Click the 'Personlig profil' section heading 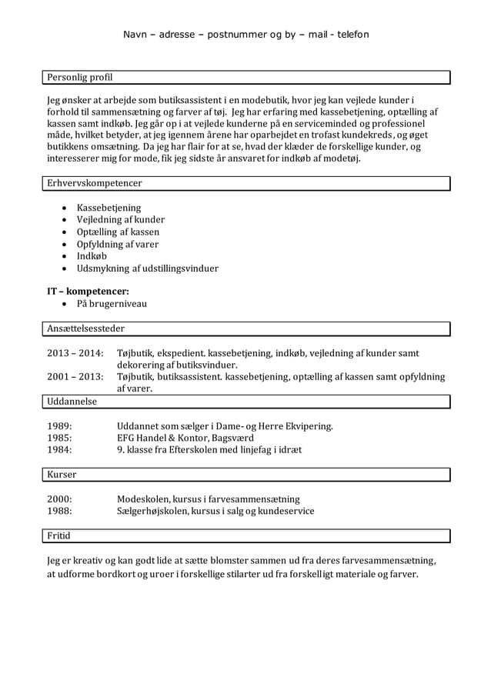pos(79,78)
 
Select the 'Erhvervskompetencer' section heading pos(94,183)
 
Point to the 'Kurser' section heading pos(62,475)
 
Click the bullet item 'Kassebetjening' pos(108,208)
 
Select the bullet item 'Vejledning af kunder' pos(120,220)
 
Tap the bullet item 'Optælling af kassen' pos(118,232)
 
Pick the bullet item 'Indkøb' pos(92,256)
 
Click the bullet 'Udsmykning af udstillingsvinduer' pos(147,269)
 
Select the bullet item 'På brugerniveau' pos(112,304)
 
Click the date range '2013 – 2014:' pos(75,352)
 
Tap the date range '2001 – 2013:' pos(75,377)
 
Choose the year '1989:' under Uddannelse pos(60,425)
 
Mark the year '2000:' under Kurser pos(60,499)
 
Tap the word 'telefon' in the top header pos(349,35)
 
